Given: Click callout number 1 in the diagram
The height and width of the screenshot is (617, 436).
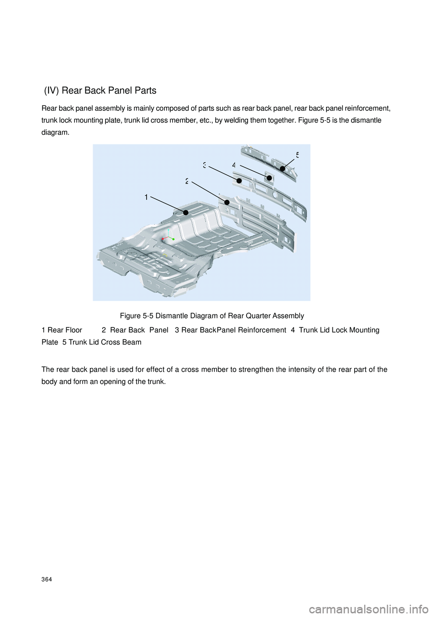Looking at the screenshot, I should (x=146, y=197).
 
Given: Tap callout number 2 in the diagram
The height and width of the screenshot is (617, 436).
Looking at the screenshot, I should (x=187, y=181).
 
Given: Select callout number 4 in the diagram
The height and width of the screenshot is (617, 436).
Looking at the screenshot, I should (x=234, y=166).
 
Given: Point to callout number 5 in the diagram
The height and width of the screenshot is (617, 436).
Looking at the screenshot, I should (x=297, y=155).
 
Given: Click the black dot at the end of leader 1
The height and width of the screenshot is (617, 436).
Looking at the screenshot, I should (x=186, y=212).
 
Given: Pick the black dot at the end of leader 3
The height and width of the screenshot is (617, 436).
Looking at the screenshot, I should (x=239, y=180).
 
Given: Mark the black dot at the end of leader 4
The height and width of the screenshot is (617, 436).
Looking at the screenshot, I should (x=269, y=178).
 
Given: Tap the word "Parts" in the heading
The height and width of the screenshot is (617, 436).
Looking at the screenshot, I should (x=144, y=90).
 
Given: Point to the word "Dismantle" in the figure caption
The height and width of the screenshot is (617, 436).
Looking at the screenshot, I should (x=171, y=315).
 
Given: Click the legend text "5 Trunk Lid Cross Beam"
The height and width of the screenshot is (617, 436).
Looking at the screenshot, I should (x=102, y=342).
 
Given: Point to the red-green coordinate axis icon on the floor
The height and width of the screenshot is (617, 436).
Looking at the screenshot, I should (x=168, y=237).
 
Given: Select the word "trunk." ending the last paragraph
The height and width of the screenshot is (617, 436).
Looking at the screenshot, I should (x=156, y=381).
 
